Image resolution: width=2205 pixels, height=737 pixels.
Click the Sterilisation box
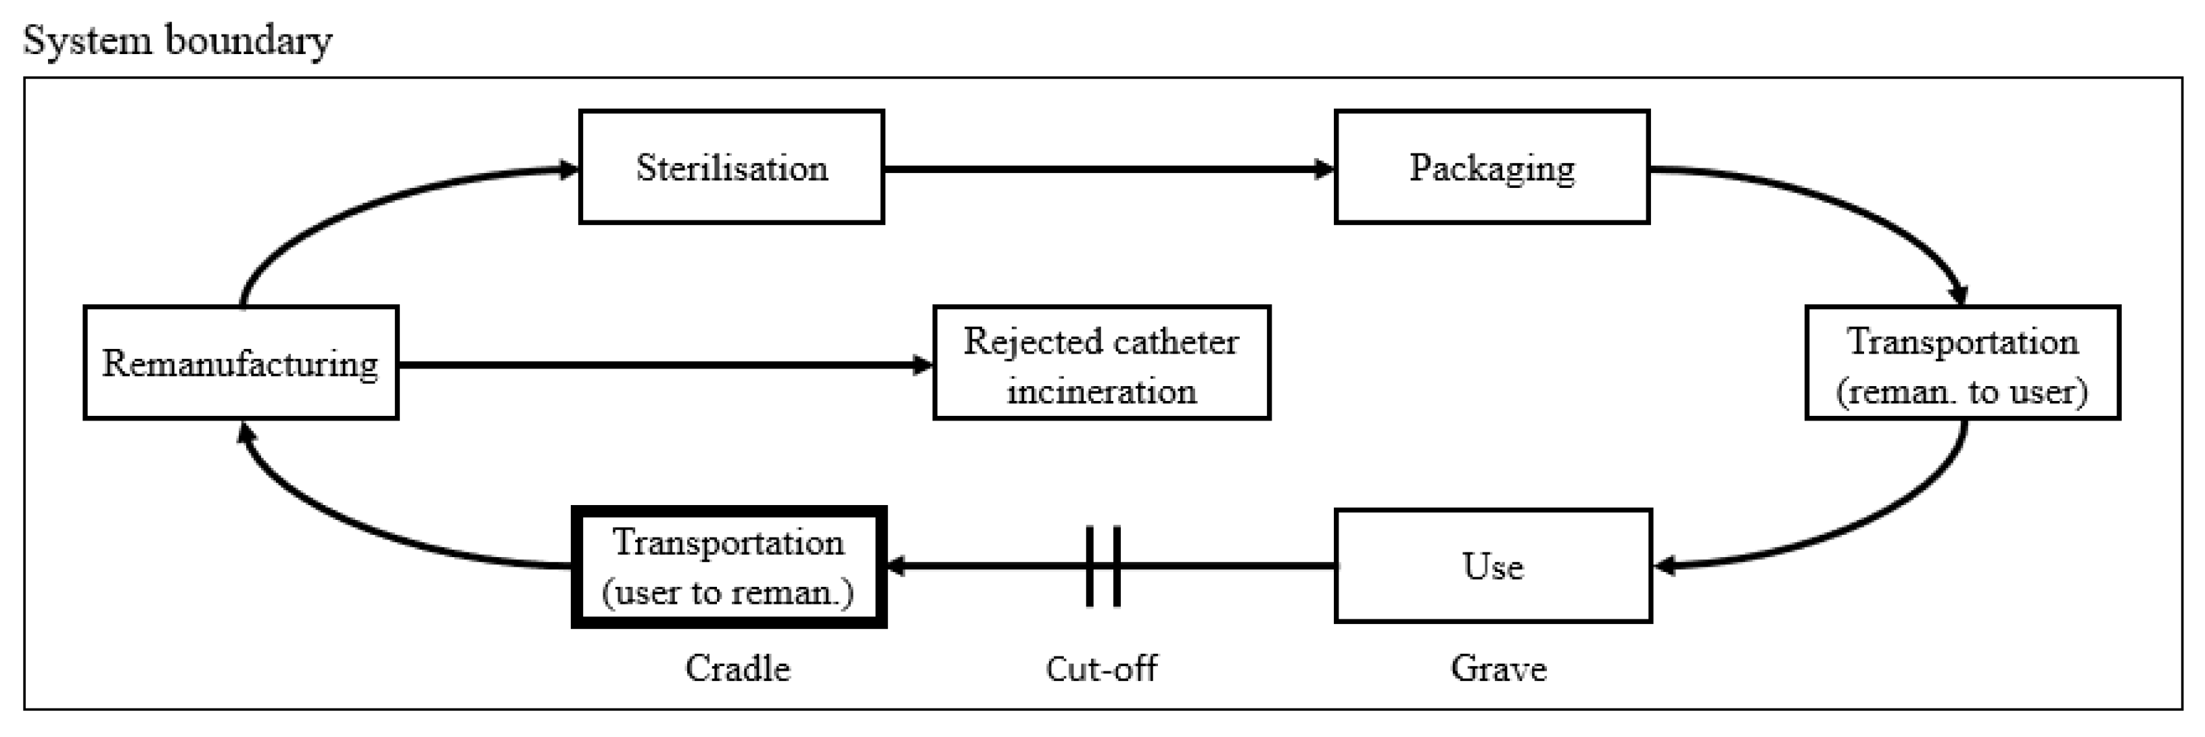point(731,167)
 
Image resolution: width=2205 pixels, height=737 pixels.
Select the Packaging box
point(1491,167)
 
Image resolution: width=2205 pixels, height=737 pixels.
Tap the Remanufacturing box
point(241,362)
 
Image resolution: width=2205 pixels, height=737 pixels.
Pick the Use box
point(1492,566)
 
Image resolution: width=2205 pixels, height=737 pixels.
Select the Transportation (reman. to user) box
point(1962,362)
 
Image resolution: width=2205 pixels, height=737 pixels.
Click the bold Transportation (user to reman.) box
point(728,567)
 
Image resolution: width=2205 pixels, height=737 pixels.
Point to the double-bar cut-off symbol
point(1102,566)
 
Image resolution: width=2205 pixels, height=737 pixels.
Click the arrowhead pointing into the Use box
point(1665,566)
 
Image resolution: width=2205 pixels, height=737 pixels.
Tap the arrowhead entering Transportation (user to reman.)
point(897,566)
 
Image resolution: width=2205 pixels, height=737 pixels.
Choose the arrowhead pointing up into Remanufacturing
point(246,432)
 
